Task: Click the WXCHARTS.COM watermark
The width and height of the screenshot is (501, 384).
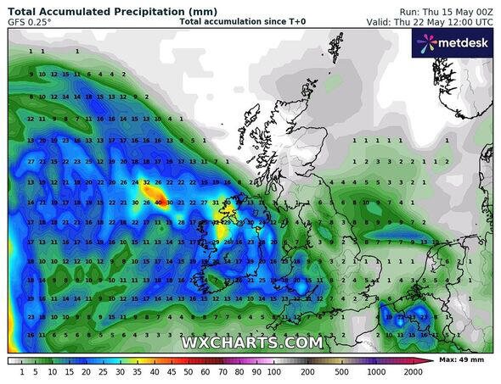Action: click(251, 342)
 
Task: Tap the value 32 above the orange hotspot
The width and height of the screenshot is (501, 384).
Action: click(146, 181)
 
